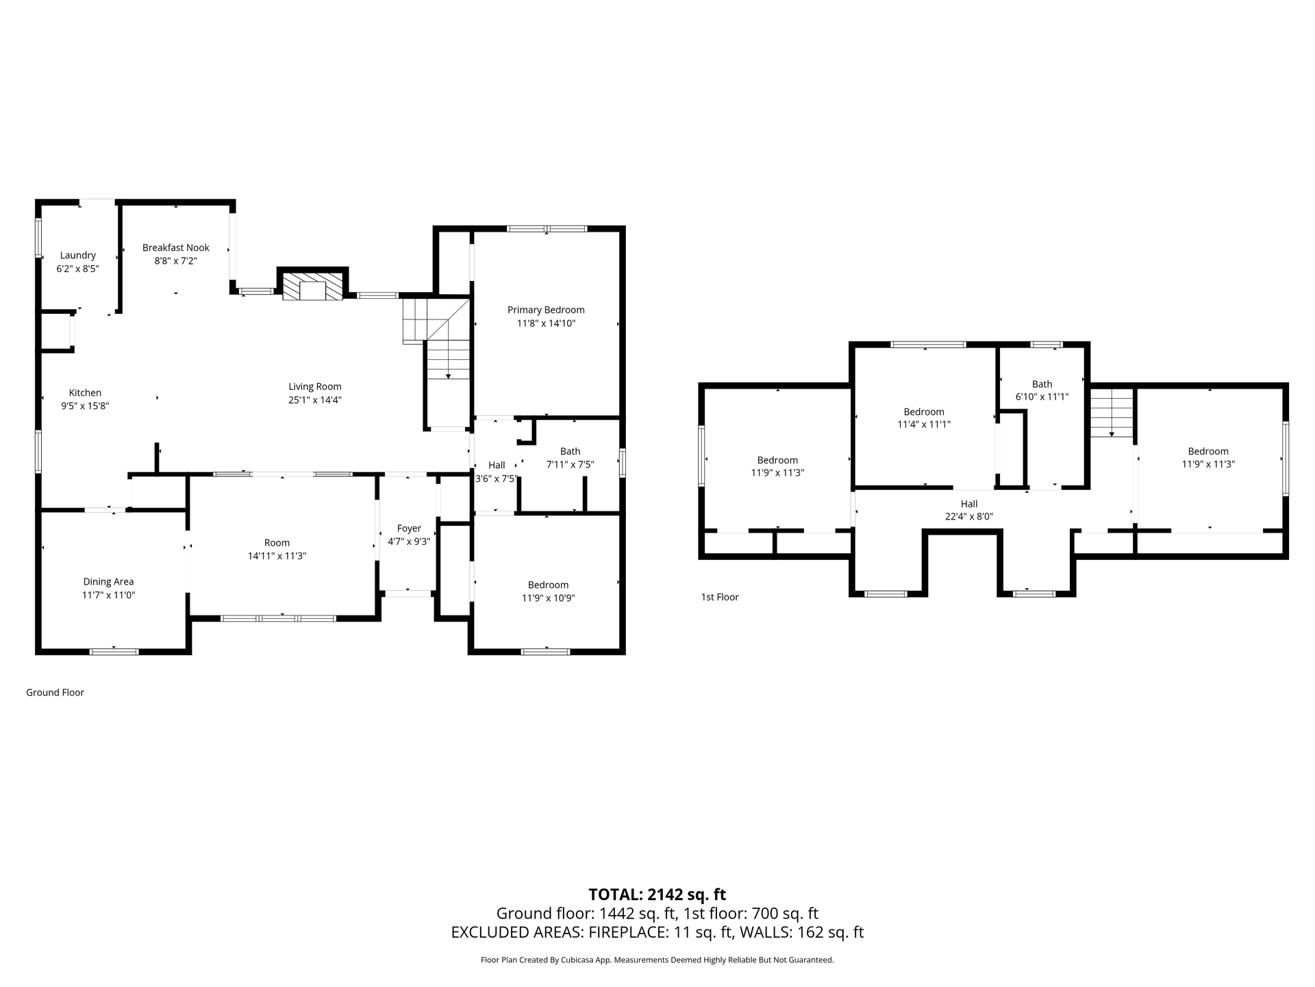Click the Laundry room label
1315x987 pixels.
[x=77, y=256]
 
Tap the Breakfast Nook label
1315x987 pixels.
[x=176, y=247]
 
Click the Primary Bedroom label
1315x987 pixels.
[x=546, y=310]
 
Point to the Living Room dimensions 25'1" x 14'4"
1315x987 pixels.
[x=315, y=400]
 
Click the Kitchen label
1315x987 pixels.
[x=85, y=393]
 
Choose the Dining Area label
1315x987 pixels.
[x=108, y=582]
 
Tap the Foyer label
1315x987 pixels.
[x=409, y=528]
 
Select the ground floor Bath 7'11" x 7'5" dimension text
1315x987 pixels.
[x=570, y=464]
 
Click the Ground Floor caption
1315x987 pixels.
[x=55, y=692]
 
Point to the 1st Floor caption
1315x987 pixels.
[x=720, y=597]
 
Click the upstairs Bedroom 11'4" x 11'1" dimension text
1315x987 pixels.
[x=924, y=424]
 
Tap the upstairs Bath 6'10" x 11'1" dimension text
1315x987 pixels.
[x=1042, y=396]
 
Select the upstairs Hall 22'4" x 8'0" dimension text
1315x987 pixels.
[x=969, y=516]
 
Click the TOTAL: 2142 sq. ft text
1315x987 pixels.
[x=657, y=894]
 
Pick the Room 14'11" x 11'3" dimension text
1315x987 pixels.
[x=277, y=556]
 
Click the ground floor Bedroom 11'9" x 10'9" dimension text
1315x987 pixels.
[x=548, y=598]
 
